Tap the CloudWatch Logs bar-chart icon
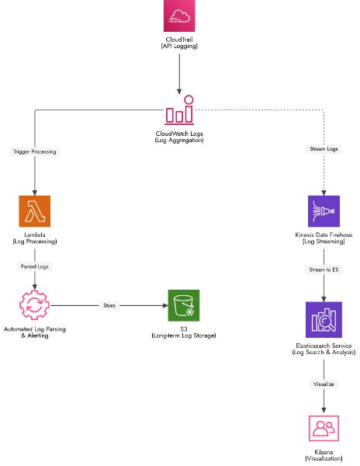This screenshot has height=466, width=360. pos(179,113)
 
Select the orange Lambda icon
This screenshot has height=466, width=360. pos(34,211)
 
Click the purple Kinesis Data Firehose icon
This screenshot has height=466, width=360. pos(324,211)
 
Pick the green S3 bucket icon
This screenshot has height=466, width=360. pos(183,306)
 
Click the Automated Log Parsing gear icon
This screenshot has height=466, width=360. pos(34,306)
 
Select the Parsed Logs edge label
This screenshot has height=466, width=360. pos(34,266)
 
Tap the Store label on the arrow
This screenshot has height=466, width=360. pos(109,306)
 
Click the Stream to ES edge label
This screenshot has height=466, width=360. pos(324,270)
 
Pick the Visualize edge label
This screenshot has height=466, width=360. pos(324,382)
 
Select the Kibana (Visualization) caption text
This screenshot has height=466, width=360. pos(324,454)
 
